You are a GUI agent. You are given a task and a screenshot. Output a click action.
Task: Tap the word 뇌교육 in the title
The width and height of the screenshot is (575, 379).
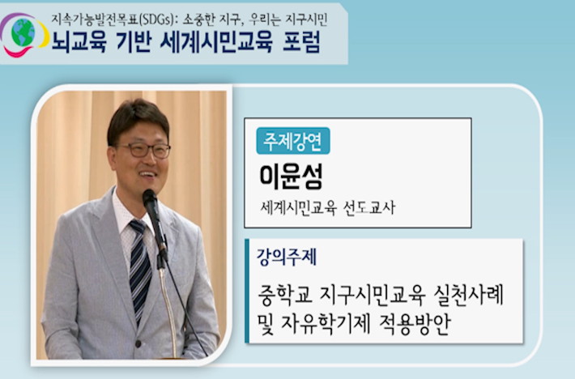pos(79,42)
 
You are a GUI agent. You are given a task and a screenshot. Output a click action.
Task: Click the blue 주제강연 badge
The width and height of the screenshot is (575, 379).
pos(293,141)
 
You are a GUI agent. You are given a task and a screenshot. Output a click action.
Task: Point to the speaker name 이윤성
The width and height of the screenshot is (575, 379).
pos(292,177)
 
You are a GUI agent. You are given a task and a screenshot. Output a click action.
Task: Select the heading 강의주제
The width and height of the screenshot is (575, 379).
pos(287,257)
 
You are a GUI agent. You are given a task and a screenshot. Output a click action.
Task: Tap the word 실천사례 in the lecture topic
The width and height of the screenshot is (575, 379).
pos(469,295)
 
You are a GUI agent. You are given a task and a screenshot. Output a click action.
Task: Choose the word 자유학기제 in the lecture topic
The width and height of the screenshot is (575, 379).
pos(326,324)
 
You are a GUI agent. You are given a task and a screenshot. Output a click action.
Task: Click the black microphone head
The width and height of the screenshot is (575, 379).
pos(150,200)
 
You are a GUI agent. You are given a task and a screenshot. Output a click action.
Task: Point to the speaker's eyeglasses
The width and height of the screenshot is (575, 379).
pos(143,150)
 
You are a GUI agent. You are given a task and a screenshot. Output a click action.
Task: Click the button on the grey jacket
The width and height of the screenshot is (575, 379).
pos(138,344)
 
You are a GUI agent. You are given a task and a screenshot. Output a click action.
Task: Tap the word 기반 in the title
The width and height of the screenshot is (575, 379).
pos(133,42)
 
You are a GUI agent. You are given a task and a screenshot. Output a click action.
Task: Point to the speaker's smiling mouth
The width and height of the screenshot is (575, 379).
pos(147,174)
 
